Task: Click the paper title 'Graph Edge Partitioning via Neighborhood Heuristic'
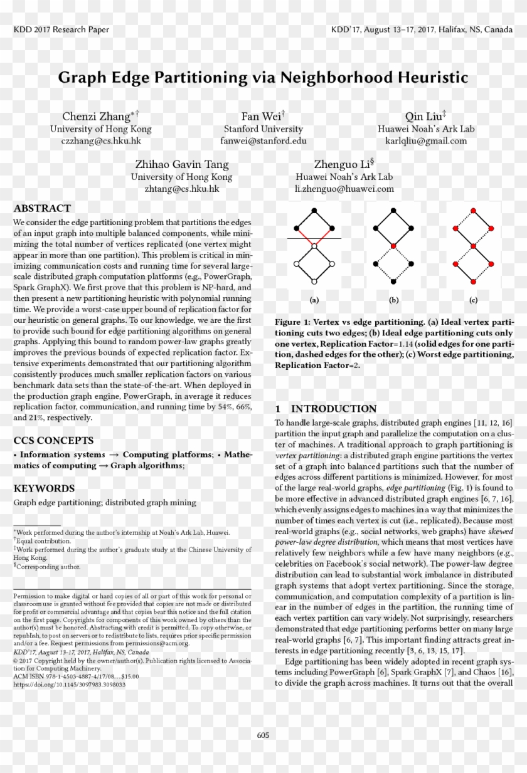[x=263, y=78]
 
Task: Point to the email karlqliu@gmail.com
[x=426, y=141]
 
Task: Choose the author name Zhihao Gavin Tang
[x=182, y=164]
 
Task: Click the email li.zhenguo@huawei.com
[x=344, y=188]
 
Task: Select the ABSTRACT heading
[x=42, y=208]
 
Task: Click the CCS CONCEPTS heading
[x=53, y=440]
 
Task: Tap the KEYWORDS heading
[x=44, y=488]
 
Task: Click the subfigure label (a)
[x=314, y=300]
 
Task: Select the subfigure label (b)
[x=393, y=300]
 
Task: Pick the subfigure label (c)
[x=473, y=300]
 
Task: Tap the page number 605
[x=263, y=735]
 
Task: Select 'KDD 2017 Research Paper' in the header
[x=61, y=29]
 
